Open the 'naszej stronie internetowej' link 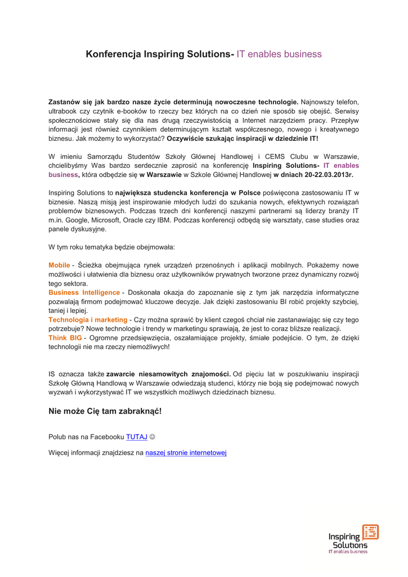186,452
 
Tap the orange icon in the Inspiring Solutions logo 370,532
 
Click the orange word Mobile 59,265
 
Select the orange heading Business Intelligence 84,292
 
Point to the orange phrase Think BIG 65,338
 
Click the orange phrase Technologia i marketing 88,320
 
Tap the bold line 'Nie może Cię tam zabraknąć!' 105,411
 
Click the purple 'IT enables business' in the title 279,55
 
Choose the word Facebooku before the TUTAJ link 107,437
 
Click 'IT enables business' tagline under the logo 348,552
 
